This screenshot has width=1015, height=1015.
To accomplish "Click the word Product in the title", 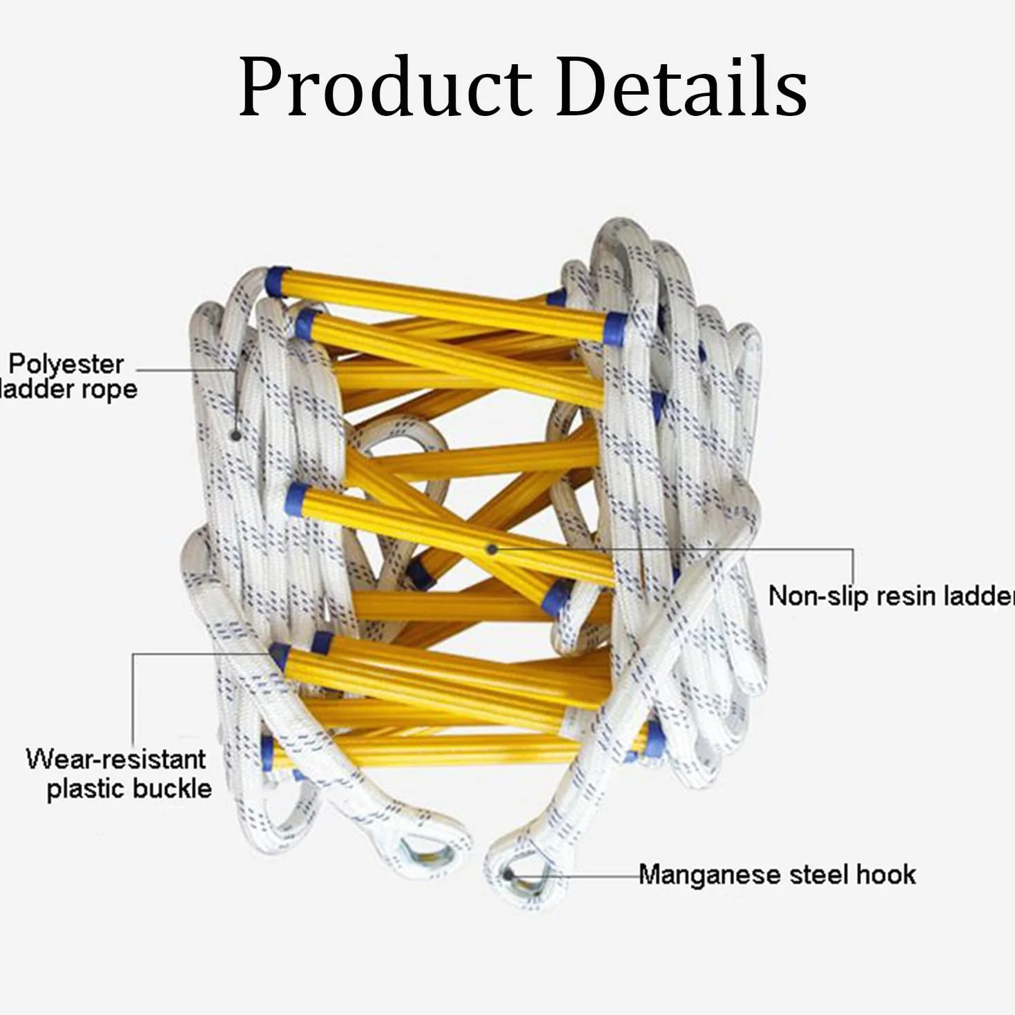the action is [385, 87].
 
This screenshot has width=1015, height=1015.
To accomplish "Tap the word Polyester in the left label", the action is [66, 365].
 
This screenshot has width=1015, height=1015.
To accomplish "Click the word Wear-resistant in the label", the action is [116, 759].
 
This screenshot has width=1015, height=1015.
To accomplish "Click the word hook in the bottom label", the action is [886, 874].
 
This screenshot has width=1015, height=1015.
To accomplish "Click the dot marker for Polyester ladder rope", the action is [237, 436].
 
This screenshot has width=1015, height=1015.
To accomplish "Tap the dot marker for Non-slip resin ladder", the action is [492, 550].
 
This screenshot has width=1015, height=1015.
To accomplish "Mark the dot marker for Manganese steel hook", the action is [508, 875].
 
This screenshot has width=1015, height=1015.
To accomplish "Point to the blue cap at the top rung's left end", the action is [278, 282].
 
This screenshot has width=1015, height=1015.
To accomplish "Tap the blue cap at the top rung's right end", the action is [616, 329].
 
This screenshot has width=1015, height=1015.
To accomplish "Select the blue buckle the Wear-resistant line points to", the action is [279, 656].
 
